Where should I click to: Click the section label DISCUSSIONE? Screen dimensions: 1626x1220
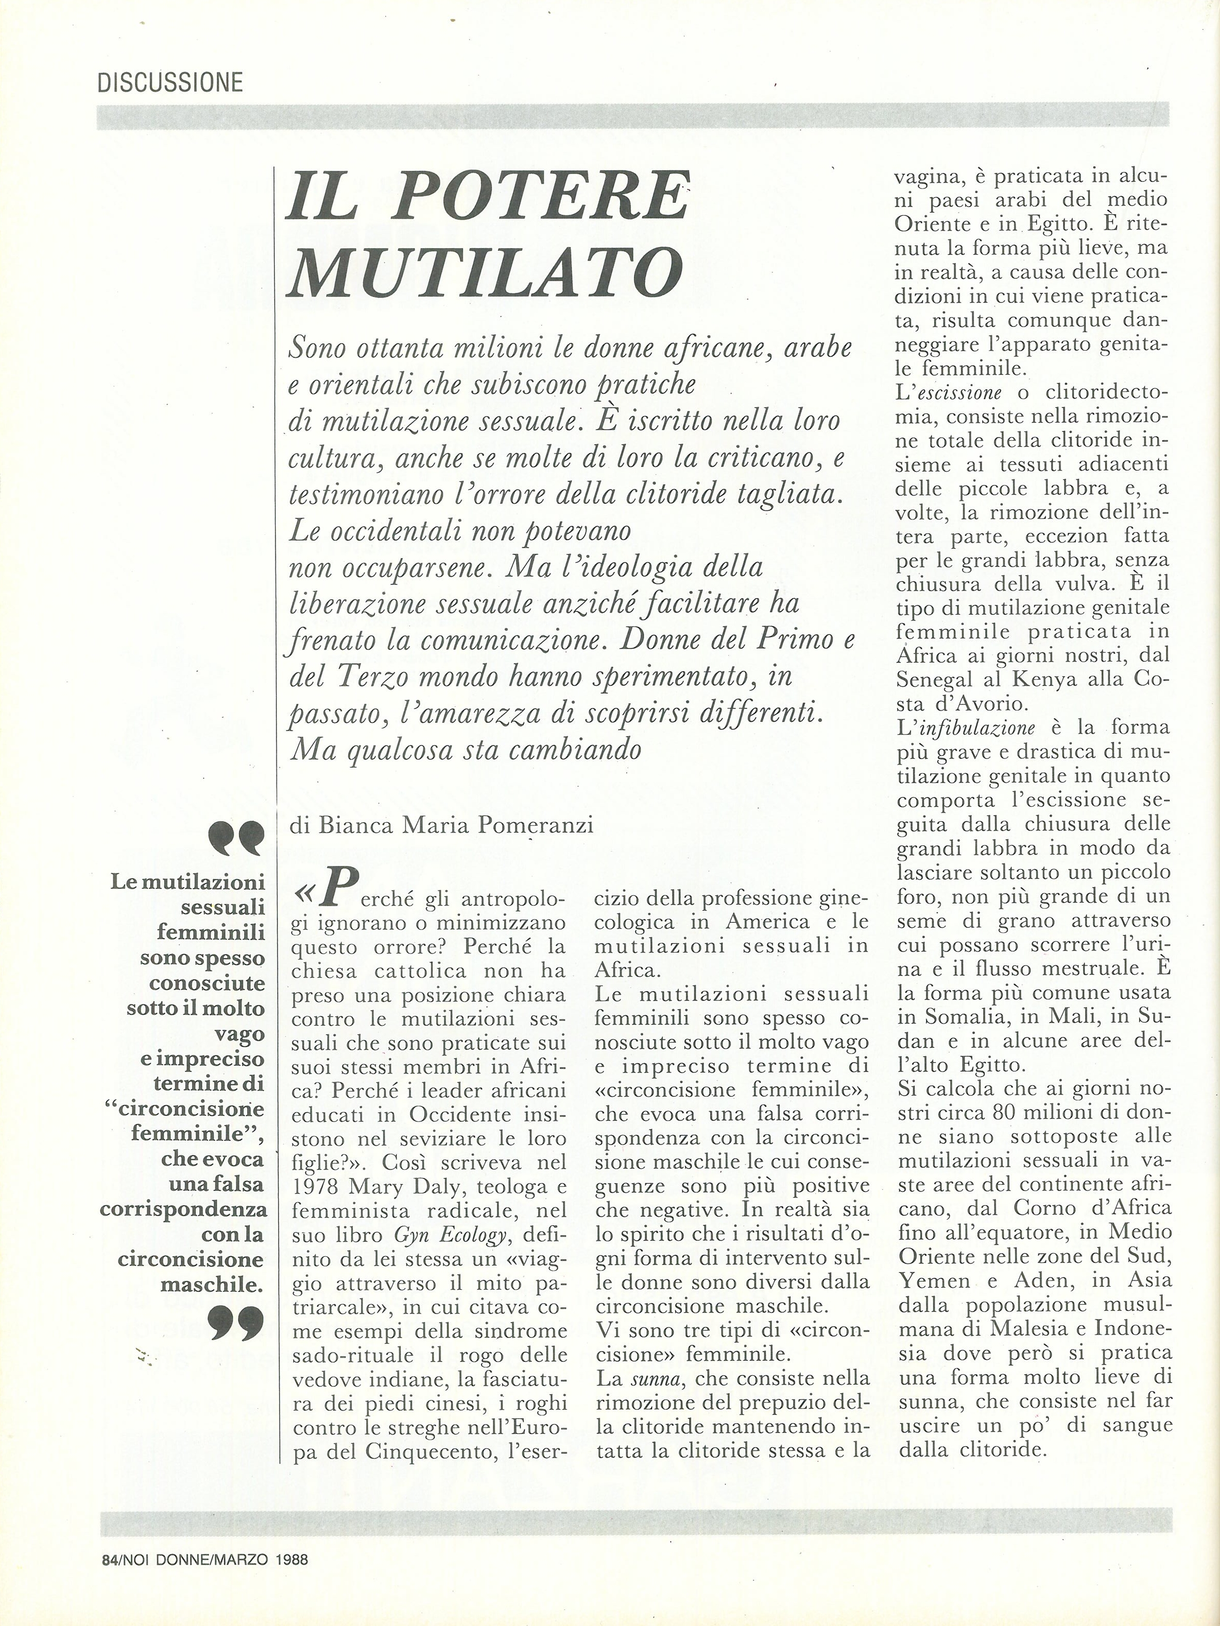click(170, 82)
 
